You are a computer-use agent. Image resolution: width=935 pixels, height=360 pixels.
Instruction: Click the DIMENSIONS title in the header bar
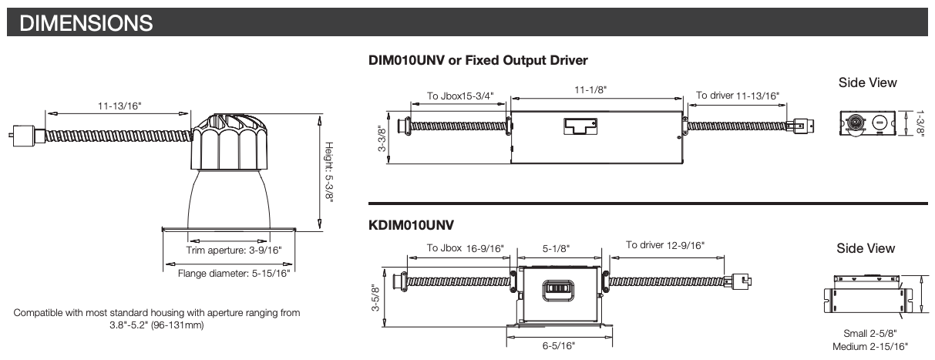[x=86, y=23]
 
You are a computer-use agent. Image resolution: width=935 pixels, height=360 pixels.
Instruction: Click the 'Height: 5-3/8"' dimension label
[x=329, y=172]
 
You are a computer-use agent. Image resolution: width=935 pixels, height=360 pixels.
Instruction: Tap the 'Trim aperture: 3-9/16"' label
[x=234, y=251]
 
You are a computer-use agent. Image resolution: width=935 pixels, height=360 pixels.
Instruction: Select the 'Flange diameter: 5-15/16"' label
[x=234, y=273]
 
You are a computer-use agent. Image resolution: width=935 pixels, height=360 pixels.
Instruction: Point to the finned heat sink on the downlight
[x=229, y=142]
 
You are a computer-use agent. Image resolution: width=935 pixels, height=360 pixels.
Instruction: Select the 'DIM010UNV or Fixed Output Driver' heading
[x=478, y=60]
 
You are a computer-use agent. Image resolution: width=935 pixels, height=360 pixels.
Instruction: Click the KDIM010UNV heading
[x=411, y=225]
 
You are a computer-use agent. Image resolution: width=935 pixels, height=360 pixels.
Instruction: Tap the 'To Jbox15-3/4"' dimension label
[x=460, y=96]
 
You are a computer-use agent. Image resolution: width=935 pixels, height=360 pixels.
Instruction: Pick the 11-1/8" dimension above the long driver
[x=590, y=89]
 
